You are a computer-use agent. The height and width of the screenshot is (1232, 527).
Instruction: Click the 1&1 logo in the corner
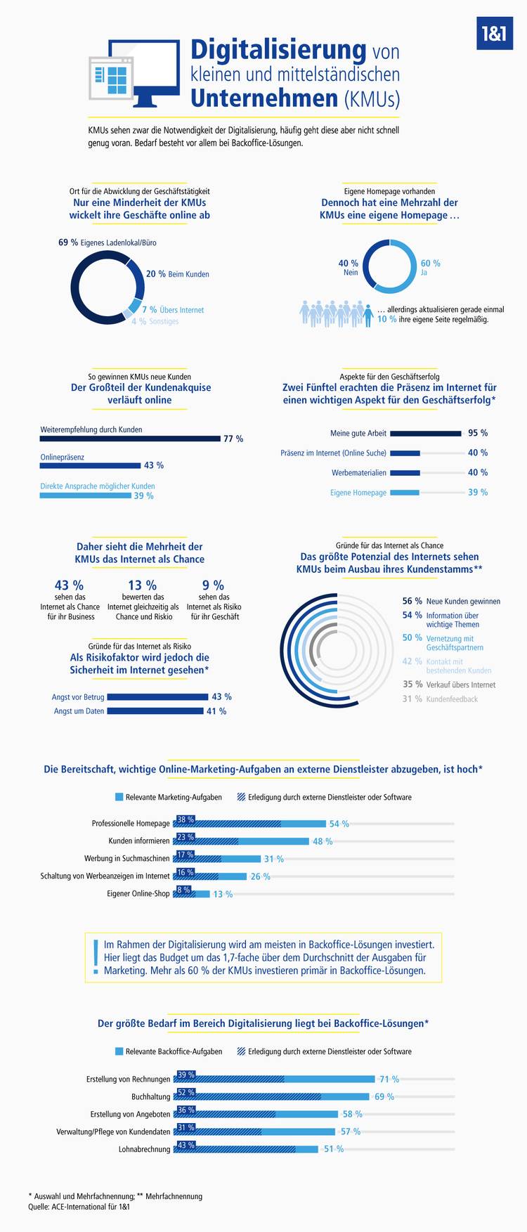[x=495, y=34]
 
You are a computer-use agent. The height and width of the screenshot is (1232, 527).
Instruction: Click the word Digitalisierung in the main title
[x=278, y=50]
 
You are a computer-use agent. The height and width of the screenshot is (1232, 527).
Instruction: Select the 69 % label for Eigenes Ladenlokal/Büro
[x=68, y=242]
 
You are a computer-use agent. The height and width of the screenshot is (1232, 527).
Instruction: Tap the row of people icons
[x=336, y=314]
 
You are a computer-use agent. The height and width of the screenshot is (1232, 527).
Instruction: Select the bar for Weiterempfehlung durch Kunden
[x=130, y=439]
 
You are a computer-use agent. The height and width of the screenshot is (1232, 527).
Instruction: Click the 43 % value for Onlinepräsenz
[x=154, y=465]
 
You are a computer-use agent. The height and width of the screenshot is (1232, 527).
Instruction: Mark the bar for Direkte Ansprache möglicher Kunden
[x=86, y=495]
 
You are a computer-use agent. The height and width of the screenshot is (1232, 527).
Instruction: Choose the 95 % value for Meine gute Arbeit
[x=478, y=433]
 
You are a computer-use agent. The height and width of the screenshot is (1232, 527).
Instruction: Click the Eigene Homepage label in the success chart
[x=358, y=493]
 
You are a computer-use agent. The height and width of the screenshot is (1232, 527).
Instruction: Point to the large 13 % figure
[x=143, y=585]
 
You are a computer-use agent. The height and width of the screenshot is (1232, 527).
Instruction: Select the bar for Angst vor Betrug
[x=157, y=697]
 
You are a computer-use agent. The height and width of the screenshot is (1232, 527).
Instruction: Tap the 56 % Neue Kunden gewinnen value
[x=412, y=601]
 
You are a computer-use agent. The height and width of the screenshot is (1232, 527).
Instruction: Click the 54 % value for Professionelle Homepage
[x=339, y=824]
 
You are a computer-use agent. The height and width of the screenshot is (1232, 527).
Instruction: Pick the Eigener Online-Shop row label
[x=138, y=894]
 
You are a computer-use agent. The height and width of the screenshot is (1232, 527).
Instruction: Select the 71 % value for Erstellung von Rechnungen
[x=389, y=1079]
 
